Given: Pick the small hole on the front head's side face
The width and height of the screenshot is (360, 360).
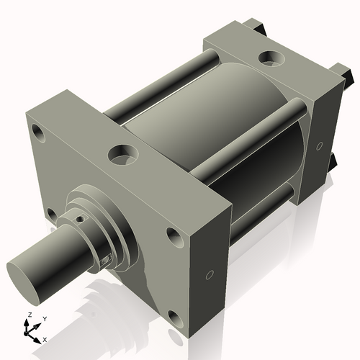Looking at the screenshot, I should click(x=210, y=274).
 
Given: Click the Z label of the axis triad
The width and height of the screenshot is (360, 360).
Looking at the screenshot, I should click(x=27, y=315).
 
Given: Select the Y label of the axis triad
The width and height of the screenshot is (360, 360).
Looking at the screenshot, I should click(x=44, y=318).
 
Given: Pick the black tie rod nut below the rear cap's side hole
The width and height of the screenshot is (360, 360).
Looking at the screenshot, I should click(x=333, y=162).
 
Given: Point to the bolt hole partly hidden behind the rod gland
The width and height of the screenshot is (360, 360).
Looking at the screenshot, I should click(x=50, y=213).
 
